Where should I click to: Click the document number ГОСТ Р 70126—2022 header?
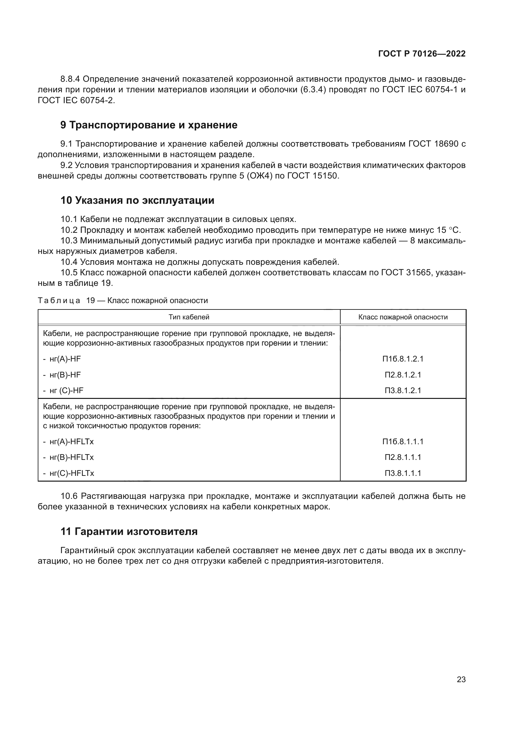(x=422, y=54)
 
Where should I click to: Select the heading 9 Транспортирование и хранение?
(x=149, y=125)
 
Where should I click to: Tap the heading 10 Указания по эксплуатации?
(x=138, y=201)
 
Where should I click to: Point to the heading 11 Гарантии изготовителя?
(x=129, y=532)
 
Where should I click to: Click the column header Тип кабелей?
(x=189, y=317)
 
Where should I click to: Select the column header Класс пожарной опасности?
(x=403, y=317)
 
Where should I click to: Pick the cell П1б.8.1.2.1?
(x=403, y=359)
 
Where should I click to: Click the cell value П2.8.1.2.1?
(x=403, y=375)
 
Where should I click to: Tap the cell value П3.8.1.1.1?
(x=403, y=473)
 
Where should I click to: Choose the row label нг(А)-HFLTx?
(x=71, y=442)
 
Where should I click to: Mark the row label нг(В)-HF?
(x=65, y=375)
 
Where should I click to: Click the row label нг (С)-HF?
(x=66, y=391)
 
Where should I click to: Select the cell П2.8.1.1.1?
(x=403, y=457)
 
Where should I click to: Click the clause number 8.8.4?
(x=70, y=79)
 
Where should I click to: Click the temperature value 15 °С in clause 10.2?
(x=448, y=230)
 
